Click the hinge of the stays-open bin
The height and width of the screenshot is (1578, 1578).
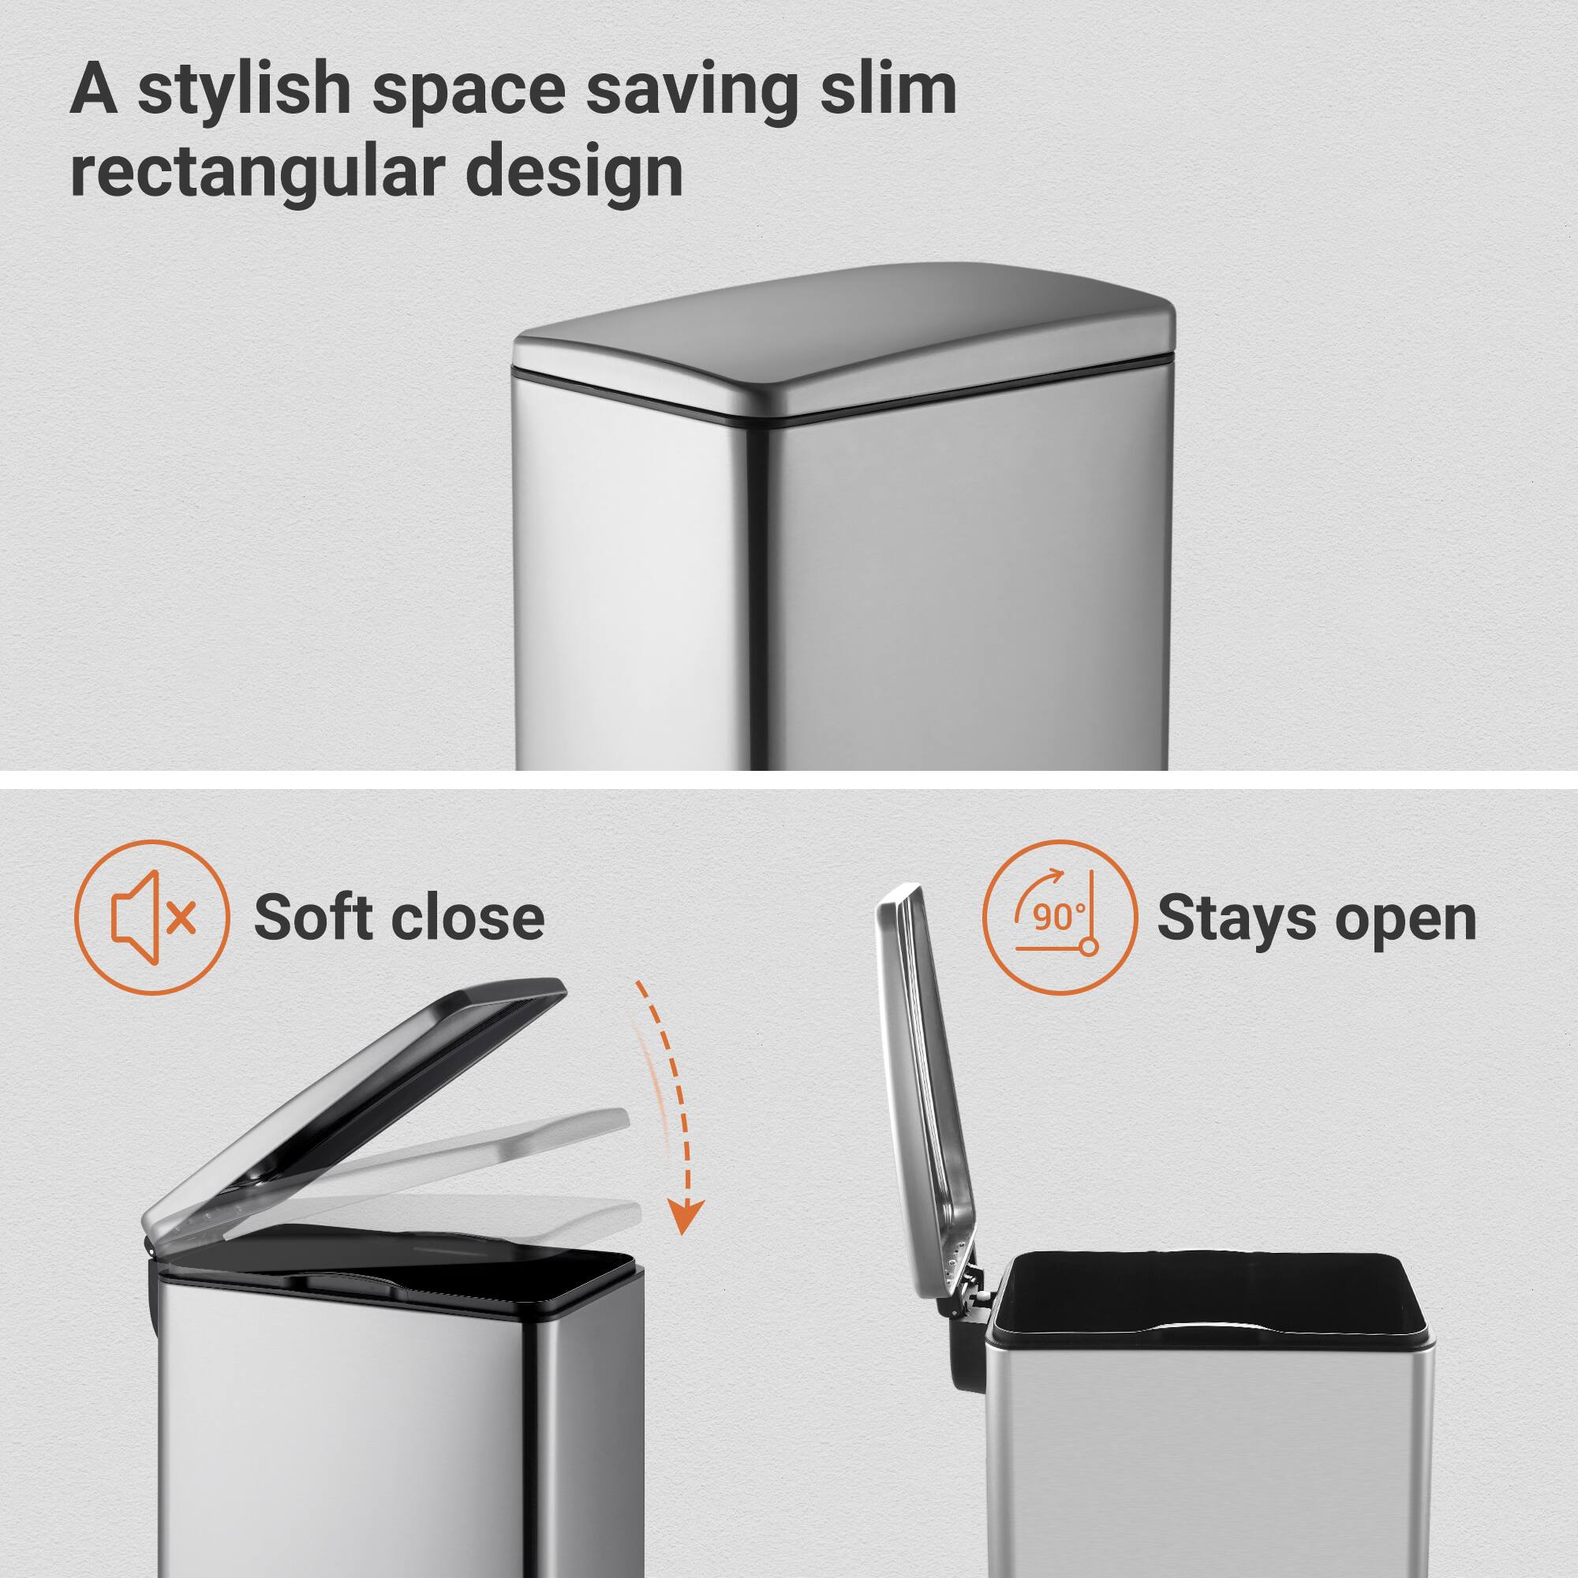tap(969, 1299)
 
